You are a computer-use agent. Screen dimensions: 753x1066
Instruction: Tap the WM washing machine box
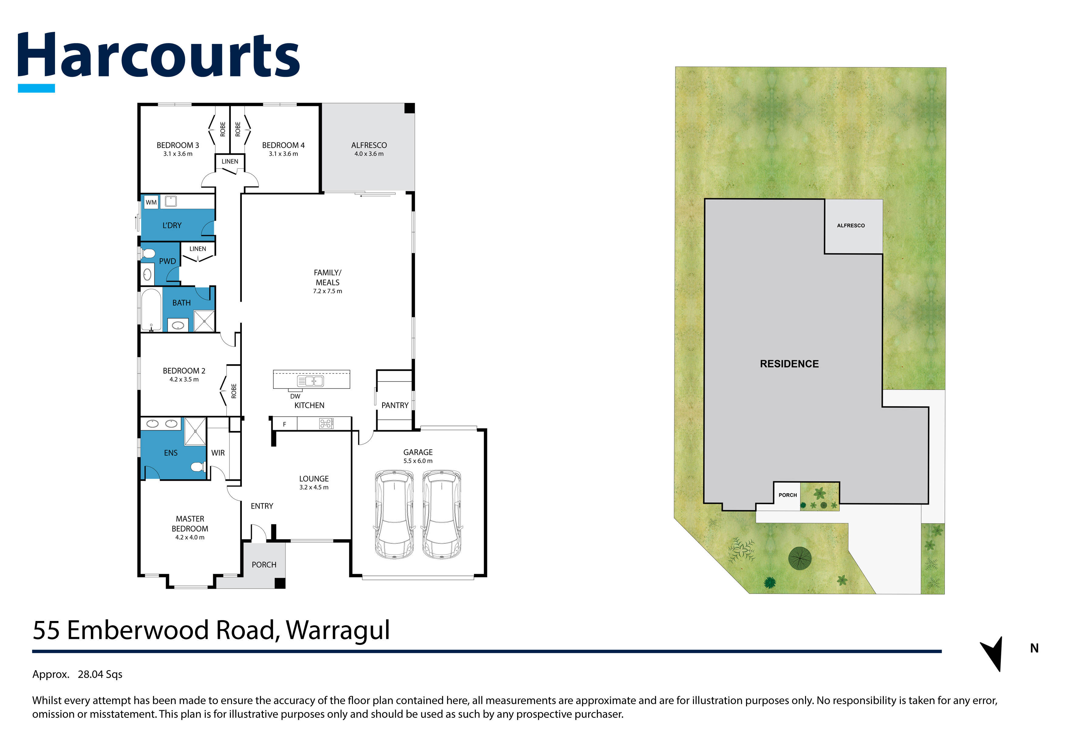(151, 202)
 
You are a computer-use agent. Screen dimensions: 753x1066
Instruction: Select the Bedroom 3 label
(177, 145)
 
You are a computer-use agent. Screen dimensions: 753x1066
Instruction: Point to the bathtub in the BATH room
(151, 310)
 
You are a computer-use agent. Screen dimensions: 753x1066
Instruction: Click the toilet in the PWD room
(149, 253)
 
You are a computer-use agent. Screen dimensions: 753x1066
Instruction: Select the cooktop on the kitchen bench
(326, 423)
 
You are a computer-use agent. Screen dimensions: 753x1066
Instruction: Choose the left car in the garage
(394, 514)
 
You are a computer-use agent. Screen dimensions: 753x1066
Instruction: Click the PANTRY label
(395, 405)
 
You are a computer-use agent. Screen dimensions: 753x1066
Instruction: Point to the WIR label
(218, 453)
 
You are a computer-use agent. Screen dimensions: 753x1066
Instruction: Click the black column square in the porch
(280, 583)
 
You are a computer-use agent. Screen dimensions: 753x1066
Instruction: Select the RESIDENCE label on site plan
(789, 364)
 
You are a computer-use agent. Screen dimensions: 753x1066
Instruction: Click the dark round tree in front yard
(800, 558)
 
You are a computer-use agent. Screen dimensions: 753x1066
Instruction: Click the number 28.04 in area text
(91, 674)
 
